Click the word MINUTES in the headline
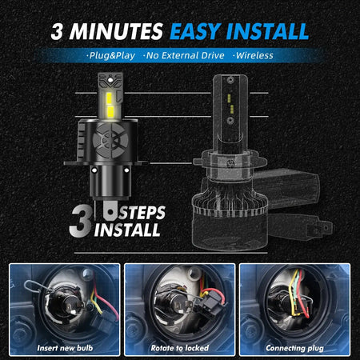pos(116,31)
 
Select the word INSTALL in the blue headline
pos(267,31)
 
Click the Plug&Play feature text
pos(111,55)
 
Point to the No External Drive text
pos(184,55)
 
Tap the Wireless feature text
pos(254,55)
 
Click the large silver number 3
pos(81,221)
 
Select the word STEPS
pos(142,213)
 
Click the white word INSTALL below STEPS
pos(127,230)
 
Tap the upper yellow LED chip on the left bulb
pos(110,98)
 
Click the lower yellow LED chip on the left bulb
pos(110,112)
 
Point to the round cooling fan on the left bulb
pos(110,140)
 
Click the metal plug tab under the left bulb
pos(110,210)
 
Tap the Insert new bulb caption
pos(65,348)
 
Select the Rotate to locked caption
pos(180,348)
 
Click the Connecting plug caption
pos(294,348)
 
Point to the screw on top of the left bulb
pos(110,79)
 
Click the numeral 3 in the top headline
pos(57,31)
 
